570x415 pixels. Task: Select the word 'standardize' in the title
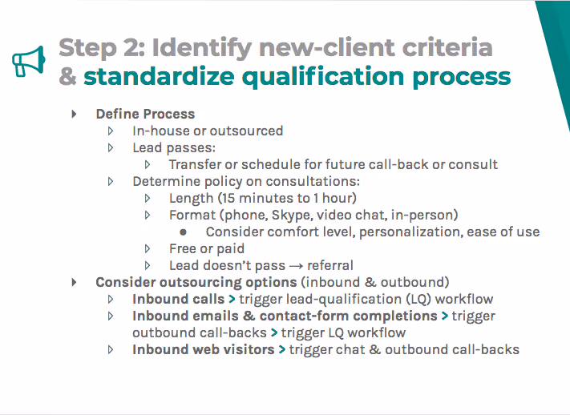(x=163, y=76)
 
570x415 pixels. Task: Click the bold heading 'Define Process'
(x=145, y=114)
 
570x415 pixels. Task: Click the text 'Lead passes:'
(x=174, y=147)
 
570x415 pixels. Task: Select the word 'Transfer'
(x=196, y=164)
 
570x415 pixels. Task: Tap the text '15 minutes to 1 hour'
(x=281, y=198)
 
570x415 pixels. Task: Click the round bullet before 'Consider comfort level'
(x=184, y=232)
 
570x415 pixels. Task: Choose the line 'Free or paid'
(x=207, y=248)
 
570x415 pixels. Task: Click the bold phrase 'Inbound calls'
(x=178, y=299)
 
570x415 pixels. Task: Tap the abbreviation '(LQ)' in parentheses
(x=421, y=299)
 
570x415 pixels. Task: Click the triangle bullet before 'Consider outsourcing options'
(x=75, y=282)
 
